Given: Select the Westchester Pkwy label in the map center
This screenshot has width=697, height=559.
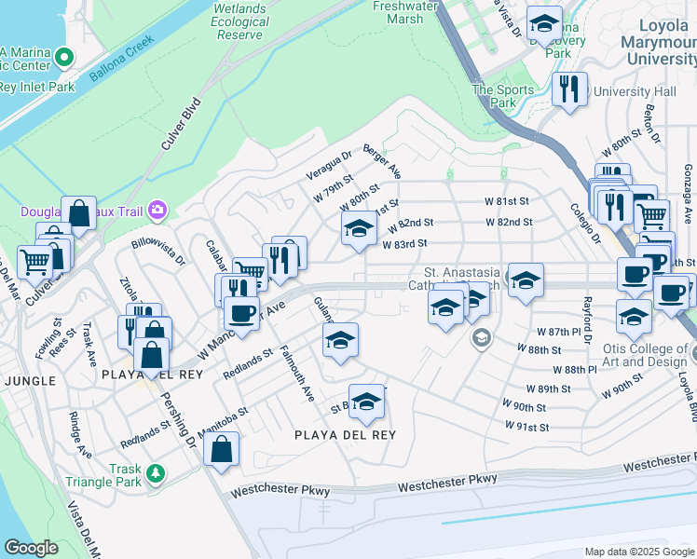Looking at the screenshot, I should point(446,483).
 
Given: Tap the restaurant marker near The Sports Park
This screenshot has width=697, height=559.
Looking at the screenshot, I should point(568,89).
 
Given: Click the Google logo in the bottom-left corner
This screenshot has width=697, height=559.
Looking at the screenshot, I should point(31,547).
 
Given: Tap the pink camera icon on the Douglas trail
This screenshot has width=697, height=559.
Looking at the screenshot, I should point(157,211).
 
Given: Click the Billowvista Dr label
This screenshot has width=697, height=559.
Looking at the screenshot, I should point(157,251).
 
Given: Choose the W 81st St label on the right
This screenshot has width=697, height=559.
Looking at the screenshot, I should point(506,201).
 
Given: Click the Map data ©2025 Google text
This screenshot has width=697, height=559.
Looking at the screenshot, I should point(640,552).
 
